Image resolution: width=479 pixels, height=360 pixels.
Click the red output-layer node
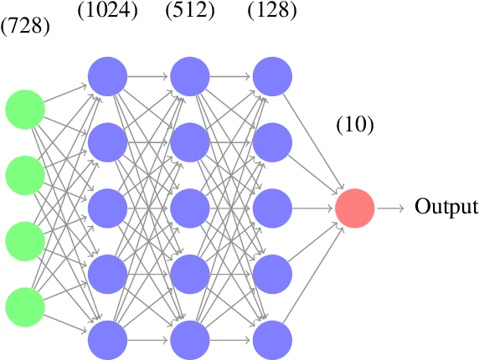click(x=355, y=208)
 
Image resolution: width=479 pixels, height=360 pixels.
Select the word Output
click(x=446, y=208)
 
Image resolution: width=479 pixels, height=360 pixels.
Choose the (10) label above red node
click(x=355, y=125)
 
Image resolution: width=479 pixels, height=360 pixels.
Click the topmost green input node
click(x=25, y=109)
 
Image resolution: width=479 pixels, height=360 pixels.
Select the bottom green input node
click(x=25, y=306)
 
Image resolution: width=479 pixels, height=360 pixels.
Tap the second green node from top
click(x=25, y=175)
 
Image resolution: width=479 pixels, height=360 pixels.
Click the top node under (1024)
click(x=107, y=76)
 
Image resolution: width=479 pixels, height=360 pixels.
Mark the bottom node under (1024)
click(x=107, y=339)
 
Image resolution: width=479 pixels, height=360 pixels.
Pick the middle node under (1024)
click(x=107, y=208)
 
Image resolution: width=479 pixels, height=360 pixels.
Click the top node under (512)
click(x=190, y=76)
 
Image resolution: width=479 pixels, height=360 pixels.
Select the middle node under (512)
click(x=190, y=208)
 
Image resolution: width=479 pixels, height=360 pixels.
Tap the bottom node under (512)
click(x=190, y=339)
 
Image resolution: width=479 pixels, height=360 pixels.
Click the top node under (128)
click(x=272, y=76)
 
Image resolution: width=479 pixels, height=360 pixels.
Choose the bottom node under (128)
click(x=272, y=339)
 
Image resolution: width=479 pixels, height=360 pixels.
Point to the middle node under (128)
click(x=272, y=208)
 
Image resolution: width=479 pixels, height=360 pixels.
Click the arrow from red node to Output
click(x=391, y=208)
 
